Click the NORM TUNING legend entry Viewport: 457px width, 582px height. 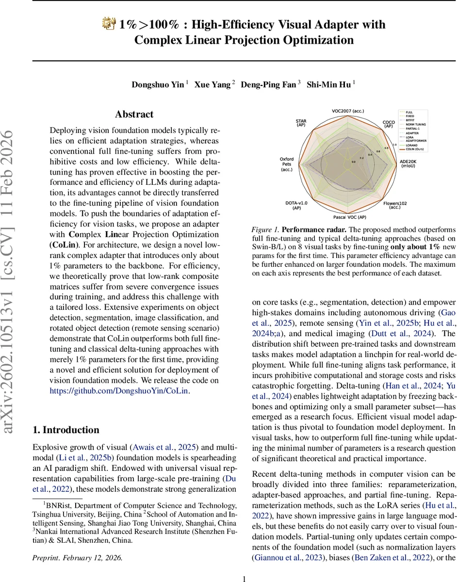point(416,124)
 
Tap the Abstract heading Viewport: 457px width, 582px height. point(134,114)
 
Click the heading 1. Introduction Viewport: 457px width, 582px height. point(65,430)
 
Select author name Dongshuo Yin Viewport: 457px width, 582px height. point(158,84)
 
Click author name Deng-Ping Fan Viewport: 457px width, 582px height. point(268,84)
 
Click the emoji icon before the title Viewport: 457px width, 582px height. point(109,24)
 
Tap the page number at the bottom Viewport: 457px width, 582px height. point(244,565)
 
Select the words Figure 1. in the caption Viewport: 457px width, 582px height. point(266,228)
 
